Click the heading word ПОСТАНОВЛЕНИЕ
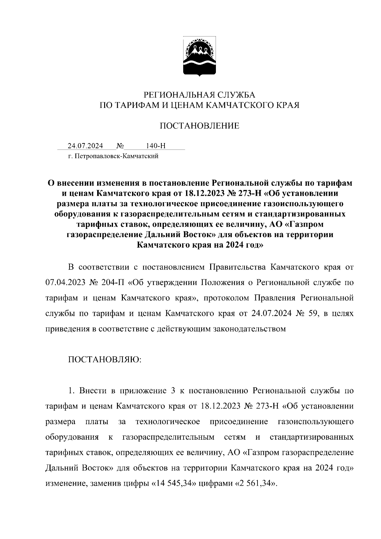point(199,126)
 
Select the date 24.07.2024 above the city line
point(85,146)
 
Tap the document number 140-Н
point(156,146)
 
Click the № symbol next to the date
point(120,146)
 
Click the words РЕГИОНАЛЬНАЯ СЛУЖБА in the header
point(199,95)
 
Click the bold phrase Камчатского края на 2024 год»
point(200,245)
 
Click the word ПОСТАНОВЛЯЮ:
point(105,359)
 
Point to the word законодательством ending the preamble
point(254,329)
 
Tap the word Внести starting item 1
point(93,391)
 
